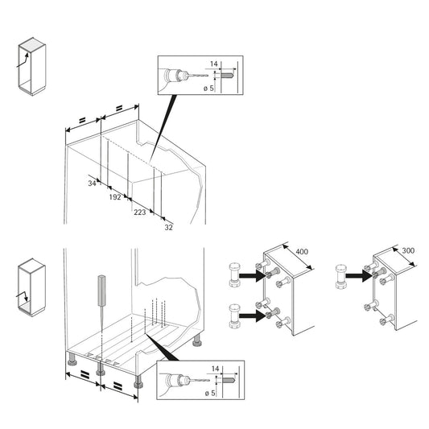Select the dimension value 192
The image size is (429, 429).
tap(115, 196)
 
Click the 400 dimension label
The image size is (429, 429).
tap(302, 253)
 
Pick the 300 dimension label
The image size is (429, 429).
tap(408, 251)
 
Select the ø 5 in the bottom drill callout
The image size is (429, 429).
tap(212, 392)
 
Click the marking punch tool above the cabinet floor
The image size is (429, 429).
tap(101, 290)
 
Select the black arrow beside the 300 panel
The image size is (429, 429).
tap(362, 274)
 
